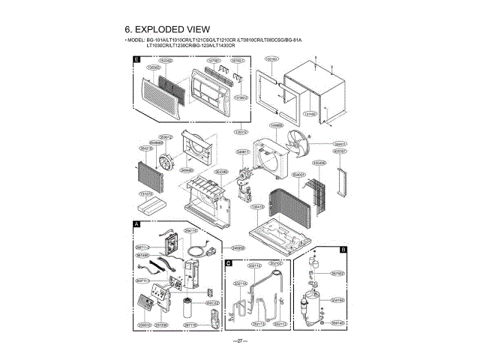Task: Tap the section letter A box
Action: (136, 224)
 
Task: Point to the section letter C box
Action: (227, 263)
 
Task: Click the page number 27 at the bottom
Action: (239, 342)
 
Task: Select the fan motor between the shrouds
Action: (244, 180)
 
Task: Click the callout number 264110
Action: (191, 231)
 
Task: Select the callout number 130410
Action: (309, 113)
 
